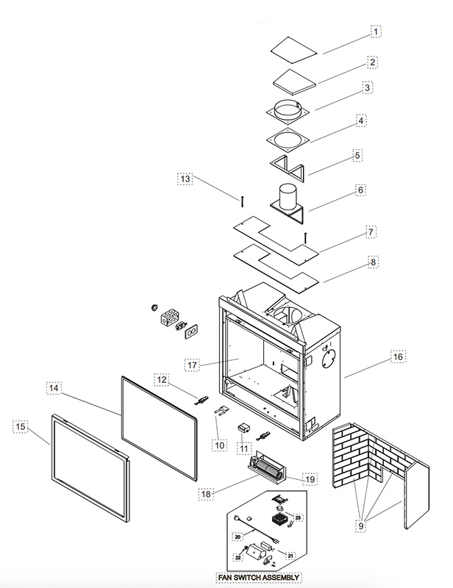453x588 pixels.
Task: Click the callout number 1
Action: tap(376, 32)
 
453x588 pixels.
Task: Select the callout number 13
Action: tap(185, 179)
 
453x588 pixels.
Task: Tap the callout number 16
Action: tap(398, 356)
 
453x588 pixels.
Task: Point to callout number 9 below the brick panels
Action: tap(360, 526)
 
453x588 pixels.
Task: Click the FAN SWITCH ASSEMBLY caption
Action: tap(259, 578)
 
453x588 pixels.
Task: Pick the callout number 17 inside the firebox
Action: tap(192, 365)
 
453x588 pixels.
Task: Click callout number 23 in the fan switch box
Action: tap(298, 517)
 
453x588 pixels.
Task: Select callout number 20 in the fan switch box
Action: tap(238, 537)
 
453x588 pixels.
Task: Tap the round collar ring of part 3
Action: tap(288, 109)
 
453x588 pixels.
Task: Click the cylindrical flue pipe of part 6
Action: tap(288, 196)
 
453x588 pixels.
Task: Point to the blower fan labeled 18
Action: tap(267, 468)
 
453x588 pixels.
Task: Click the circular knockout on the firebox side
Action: tap(328, 359)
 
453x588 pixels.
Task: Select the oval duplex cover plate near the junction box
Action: tap(191, 331)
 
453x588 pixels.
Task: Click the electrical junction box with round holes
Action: tap(170, 318)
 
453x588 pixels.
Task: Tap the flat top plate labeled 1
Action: tap(293, 50)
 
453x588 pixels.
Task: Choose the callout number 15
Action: tap(21, 426)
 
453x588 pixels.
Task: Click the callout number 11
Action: tap(244, 448)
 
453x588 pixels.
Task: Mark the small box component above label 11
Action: tap(244, 428)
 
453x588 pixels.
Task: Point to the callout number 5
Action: tap(357, 155)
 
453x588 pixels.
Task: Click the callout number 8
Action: tap(373, 262)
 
